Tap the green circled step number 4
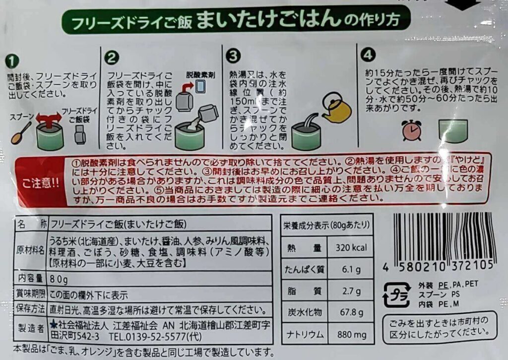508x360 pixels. point(366,53)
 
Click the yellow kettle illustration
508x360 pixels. point(336,109)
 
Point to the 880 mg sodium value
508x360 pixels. point(350,334)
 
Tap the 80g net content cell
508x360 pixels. point(59,278)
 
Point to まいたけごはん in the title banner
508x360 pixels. point(268,21)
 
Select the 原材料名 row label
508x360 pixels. point(31,248)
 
